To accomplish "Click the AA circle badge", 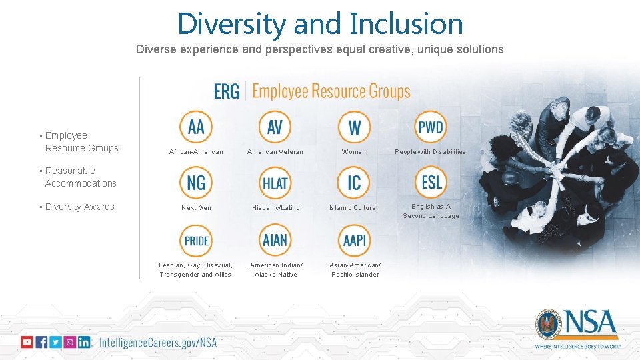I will tap(196, 127).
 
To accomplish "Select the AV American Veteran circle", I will tap(275, 127).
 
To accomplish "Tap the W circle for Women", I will tap(354, 127).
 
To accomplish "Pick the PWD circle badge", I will tap(431, 127).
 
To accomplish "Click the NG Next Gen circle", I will tap(196, 182).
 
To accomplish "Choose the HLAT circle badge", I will tap(275, 182).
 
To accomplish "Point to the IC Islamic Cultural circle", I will tap(354, 182).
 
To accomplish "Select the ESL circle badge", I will tap(431, 182).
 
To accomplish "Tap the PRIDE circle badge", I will tap(196, 240).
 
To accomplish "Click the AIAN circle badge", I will tap(275, 240).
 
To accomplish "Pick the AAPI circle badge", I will tap(354, 240).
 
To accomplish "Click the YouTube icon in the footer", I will tap(27, 342).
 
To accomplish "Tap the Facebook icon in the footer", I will tap(41, 342).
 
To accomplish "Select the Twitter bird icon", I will tap(55, 342).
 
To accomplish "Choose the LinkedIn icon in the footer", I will tap(84, 342).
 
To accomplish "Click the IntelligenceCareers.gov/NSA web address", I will tap(158, 343).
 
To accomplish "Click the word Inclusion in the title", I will tap(406, 24).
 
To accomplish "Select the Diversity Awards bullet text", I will tap(79, 207).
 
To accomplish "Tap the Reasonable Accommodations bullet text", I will tap(80, 177).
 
